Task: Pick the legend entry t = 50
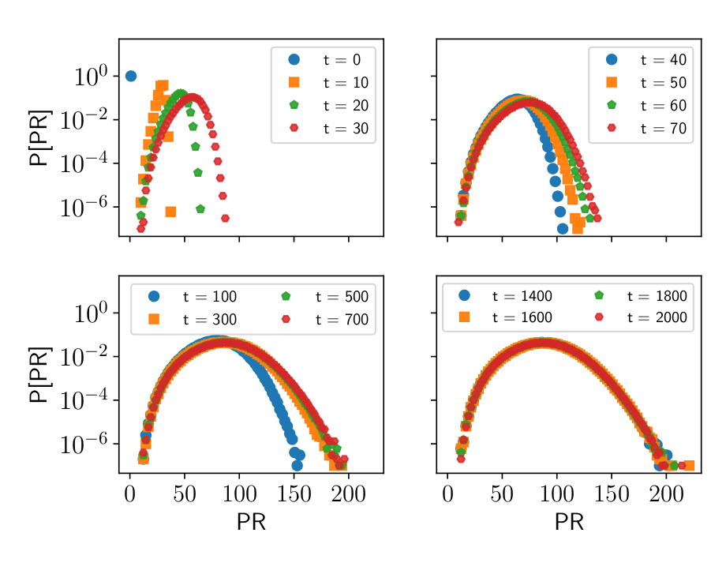640,82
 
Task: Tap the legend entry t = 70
640,128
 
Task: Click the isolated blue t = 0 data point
131,76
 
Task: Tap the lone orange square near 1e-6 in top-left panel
170,211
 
